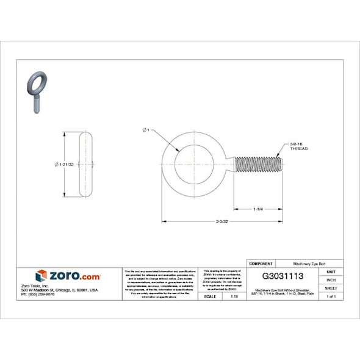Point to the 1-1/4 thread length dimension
click(x=257, y=209)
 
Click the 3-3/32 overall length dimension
click(x=221, y=221)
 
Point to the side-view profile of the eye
click(x=86, y=165)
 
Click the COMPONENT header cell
click(x=261, y=263)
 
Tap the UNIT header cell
click(x=331, y=272)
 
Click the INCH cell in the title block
click(x=331, y=279)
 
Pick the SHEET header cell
click(x=331, y=287)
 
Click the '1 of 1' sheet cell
click(x=331, y=296)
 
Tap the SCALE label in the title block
click(x=211, y=296)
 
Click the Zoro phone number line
click(x=38, y=294)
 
